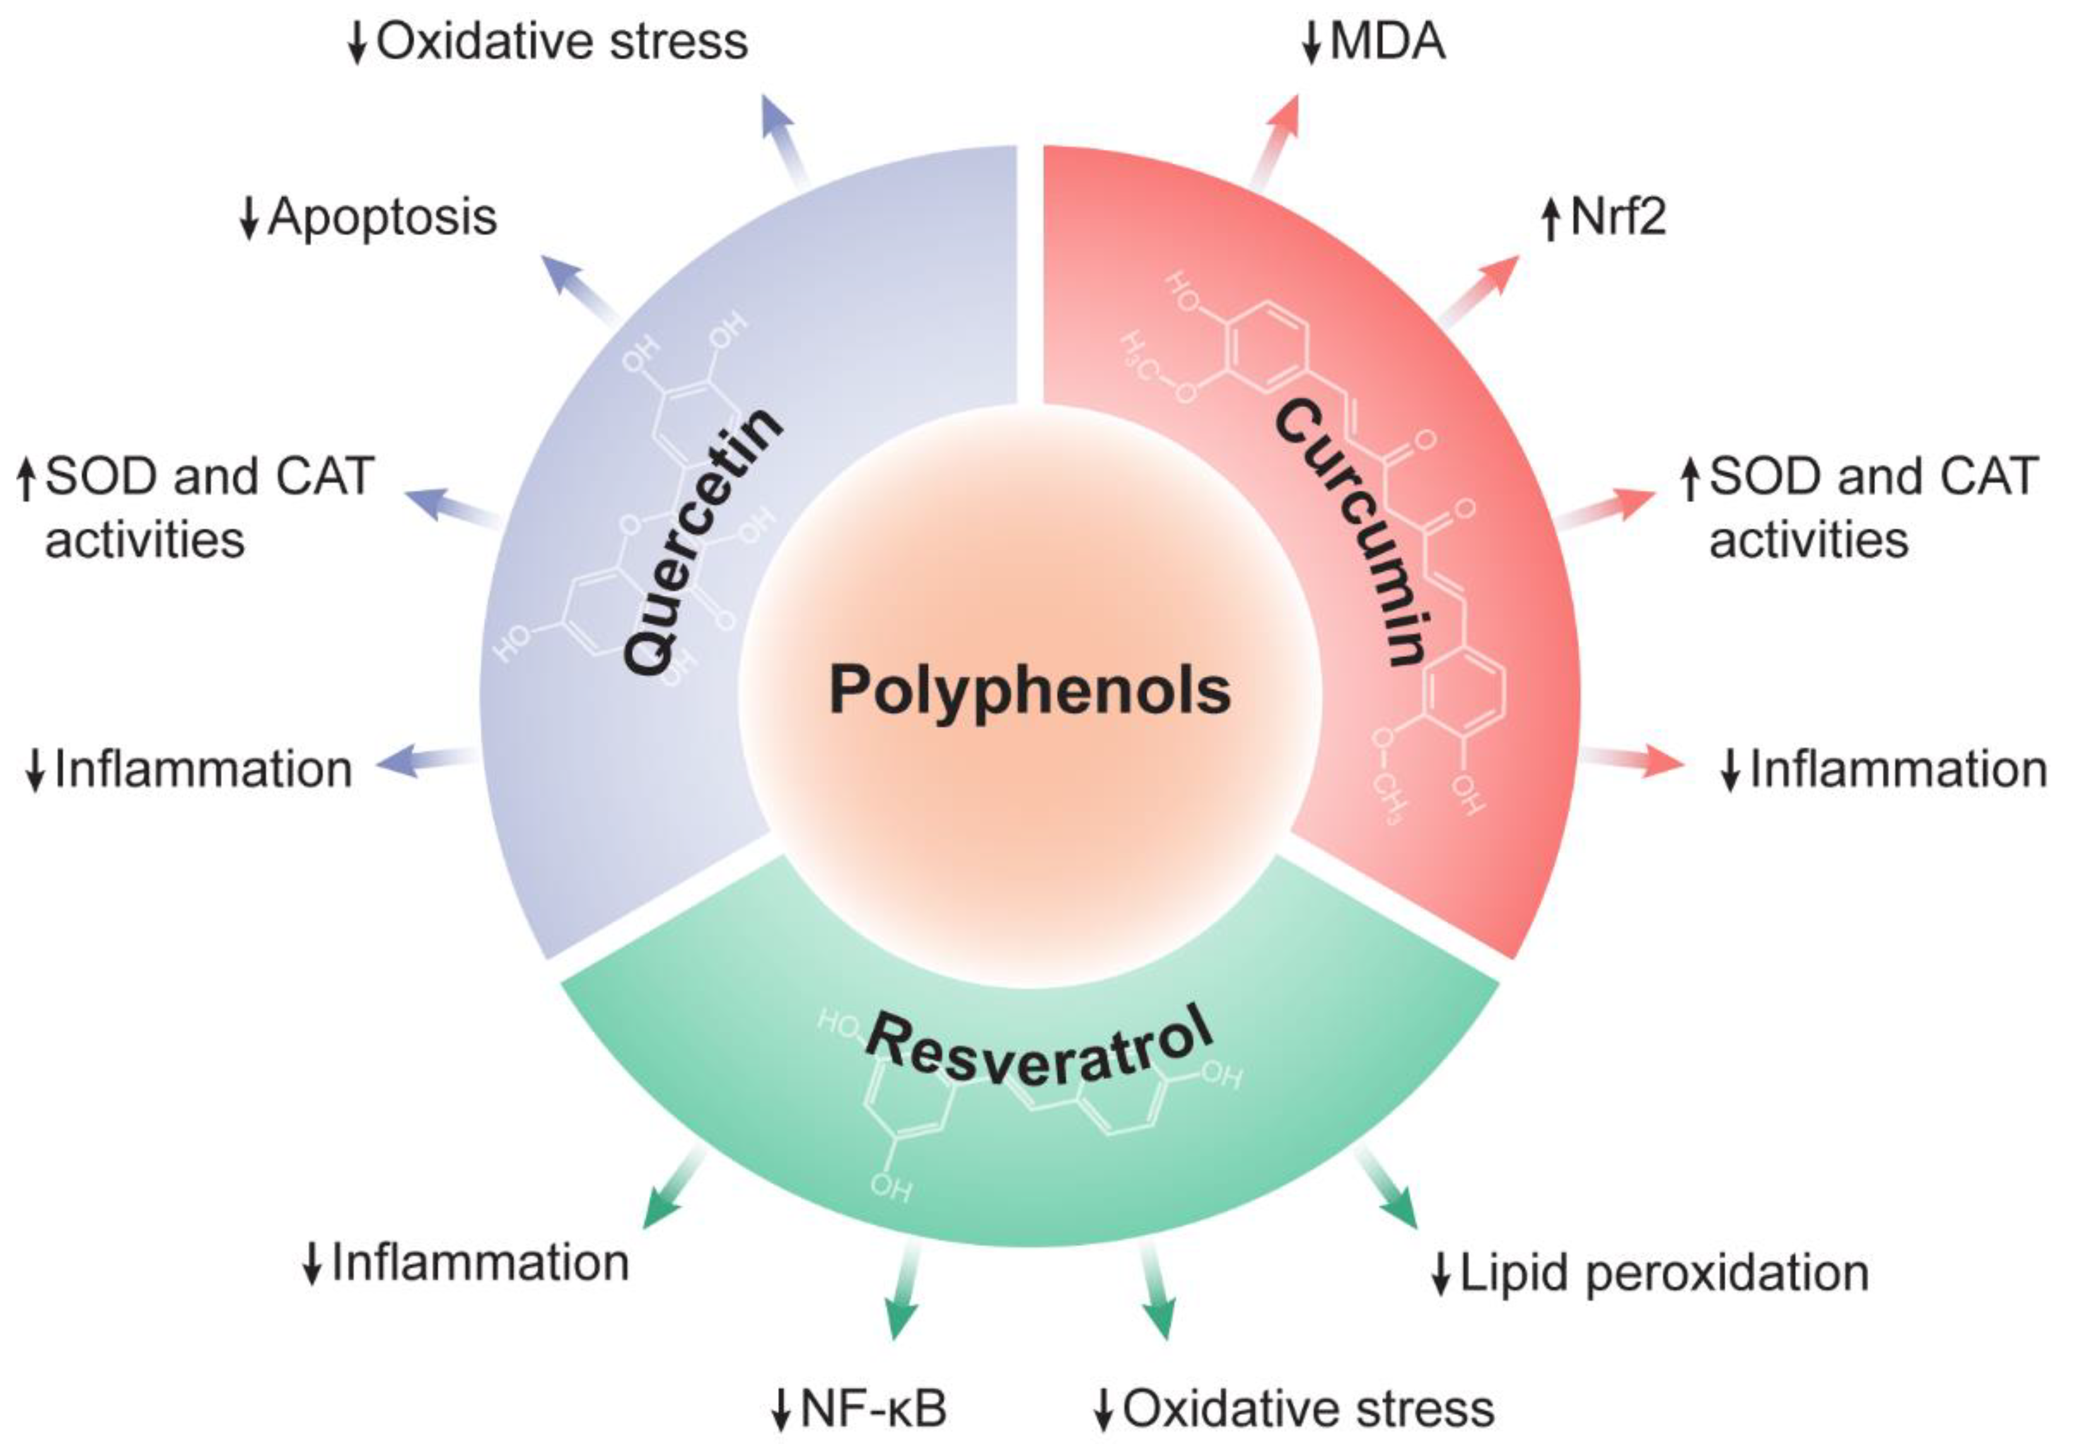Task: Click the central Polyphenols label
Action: coord(1030,690)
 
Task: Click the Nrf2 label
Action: coord(1618,217)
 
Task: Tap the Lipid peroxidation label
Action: coord(1663,1273)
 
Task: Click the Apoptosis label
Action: coord(381,217)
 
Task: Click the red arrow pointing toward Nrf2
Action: coord(1480,289)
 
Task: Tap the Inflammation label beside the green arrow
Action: coord(479,1262)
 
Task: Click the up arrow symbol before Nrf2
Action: coord(1550,219)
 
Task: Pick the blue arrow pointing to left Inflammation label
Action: coord(425,762)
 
